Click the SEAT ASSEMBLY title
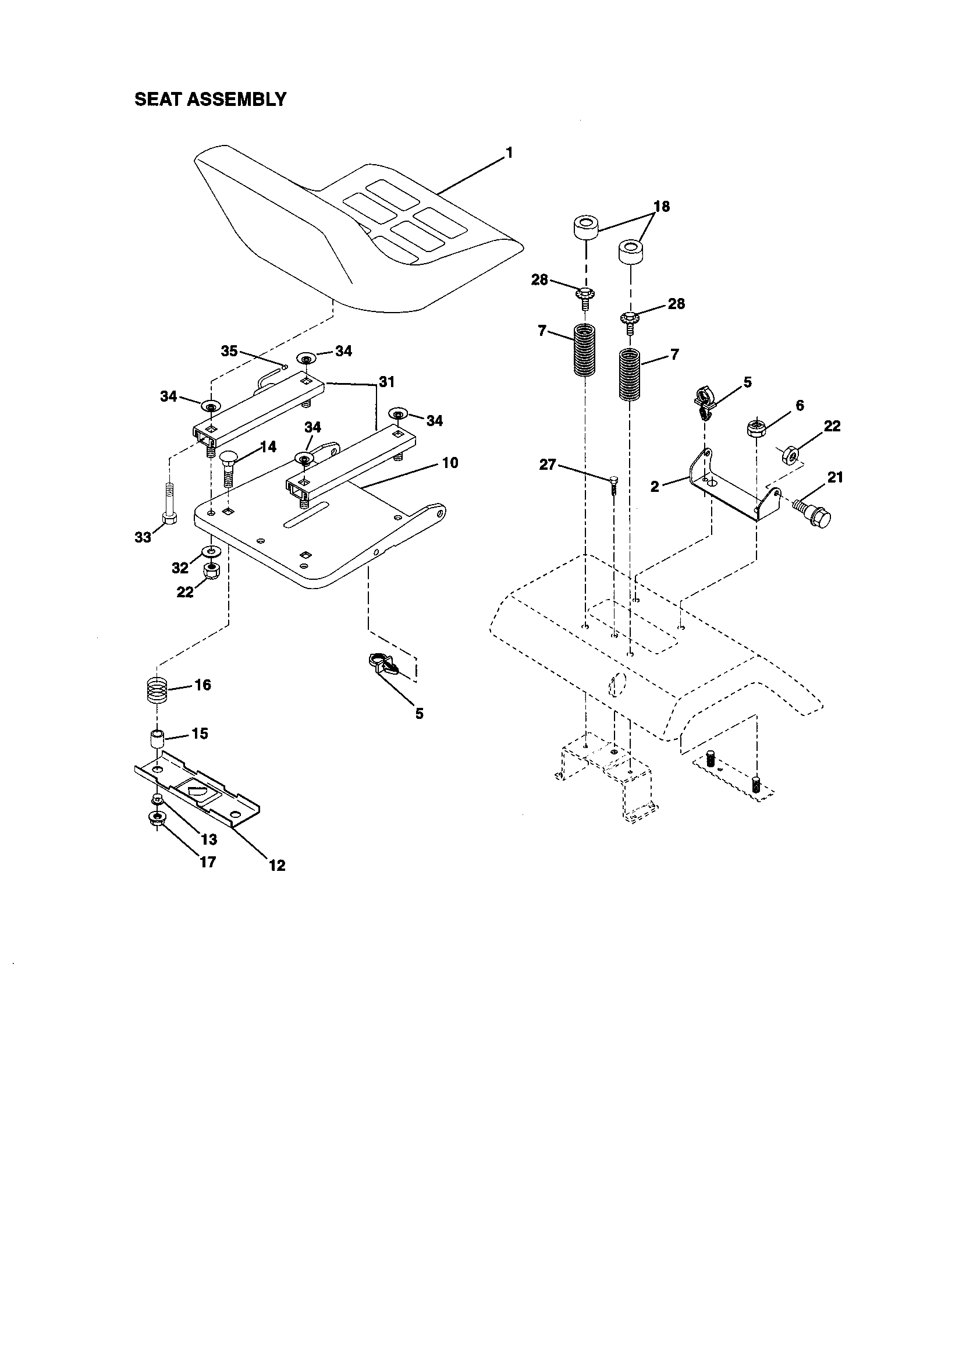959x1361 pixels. (211, 99)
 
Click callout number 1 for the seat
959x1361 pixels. (509, 153)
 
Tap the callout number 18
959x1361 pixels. (662, 206)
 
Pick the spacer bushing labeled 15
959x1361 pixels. (157, 740)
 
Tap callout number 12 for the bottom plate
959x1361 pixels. (277, 866)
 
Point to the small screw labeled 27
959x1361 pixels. (613, 483)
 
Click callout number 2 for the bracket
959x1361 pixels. (655, 487)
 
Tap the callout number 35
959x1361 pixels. (229, 351)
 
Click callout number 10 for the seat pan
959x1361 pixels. (450, 462)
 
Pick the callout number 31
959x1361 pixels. (386, 382)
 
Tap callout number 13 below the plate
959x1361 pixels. (209, 839)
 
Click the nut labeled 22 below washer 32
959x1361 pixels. (210, 572)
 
